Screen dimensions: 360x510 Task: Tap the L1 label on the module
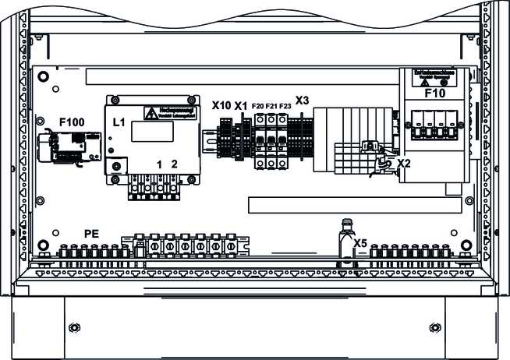[119, 122]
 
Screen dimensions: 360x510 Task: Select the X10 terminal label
[221, 105]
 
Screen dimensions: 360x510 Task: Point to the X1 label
[241, 105]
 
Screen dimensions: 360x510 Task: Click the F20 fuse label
[258, 106]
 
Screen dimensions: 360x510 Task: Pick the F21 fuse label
[271, 106]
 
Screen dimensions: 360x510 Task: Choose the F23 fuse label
[285, 106]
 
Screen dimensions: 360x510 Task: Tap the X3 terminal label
[302, 101]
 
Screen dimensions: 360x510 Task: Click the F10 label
[435, 93]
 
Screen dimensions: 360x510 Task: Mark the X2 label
[403, 163]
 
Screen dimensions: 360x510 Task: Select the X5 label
[360, 243]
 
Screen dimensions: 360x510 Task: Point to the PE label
[92, 233]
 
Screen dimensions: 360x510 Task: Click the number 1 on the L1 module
[160, 164]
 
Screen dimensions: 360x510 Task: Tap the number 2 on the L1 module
[174, 164]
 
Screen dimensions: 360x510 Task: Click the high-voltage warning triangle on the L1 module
[148, 113]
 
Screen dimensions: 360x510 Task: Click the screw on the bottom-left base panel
[76, 326]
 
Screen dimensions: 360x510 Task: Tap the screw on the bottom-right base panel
[434, 326]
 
